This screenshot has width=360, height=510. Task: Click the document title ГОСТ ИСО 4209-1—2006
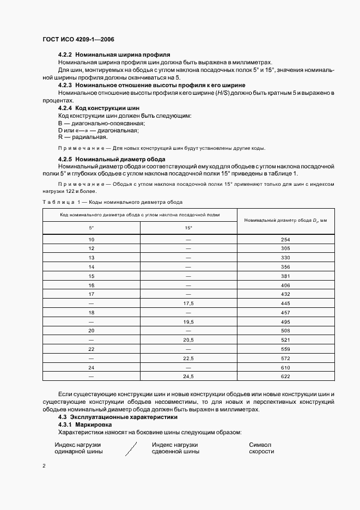[x=78, y=40]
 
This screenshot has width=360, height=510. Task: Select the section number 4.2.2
[x=65, y=55]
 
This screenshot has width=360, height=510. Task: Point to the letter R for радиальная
[x=60, y=137]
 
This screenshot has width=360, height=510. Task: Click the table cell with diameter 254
[x=285, y=240]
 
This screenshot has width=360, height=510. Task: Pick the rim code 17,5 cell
[x=188, y=303]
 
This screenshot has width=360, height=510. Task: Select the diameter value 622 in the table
[x=285, y=377]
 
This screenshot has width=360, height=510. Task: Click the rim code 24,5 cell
[x=188, y=377]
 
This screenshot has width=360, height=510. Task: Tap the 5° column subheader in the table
[x=91, y=227]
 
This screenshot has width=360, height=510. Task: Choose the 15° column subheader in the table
[x=188, y=227]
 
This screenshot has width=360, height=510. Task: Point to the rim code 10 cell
[x=91, y=240]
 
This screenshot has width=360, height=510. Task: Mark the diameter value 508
[x=285, y=331]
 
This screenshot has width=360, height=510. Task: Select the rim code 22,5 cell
[x=188, y=358]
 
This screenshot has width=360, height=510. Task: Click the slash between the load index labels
[x=130, y=448]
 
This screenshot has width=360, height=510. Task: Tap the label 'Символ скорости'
[x=261, y=448]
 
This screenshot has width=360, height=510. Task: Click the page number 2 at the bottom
[x=44, y=466]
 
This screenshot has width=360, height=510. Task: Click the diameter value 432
[x=285, y=294]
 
